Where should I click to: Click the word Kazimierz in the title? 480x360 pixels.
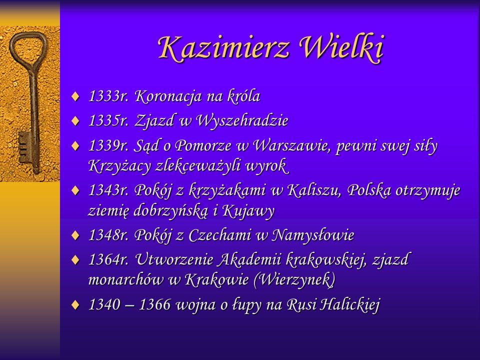tap(223, 47)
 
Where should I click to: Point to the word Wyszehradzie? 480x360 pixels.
tap(242, 120)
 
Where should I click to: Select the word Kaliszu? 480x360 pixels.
tap(314, 190)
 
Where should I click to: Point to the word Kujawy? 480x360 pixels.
tap(248, 211)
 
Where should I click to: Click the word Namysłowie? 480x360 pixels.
tap(313, 235)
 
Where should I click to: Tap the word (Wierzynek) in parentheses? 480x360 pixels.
tap(294, 279)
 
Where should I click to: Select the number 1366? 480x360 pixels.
tap(154, 304)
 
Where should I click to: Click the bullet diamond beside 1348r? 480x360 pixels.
tap(75, 235)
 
